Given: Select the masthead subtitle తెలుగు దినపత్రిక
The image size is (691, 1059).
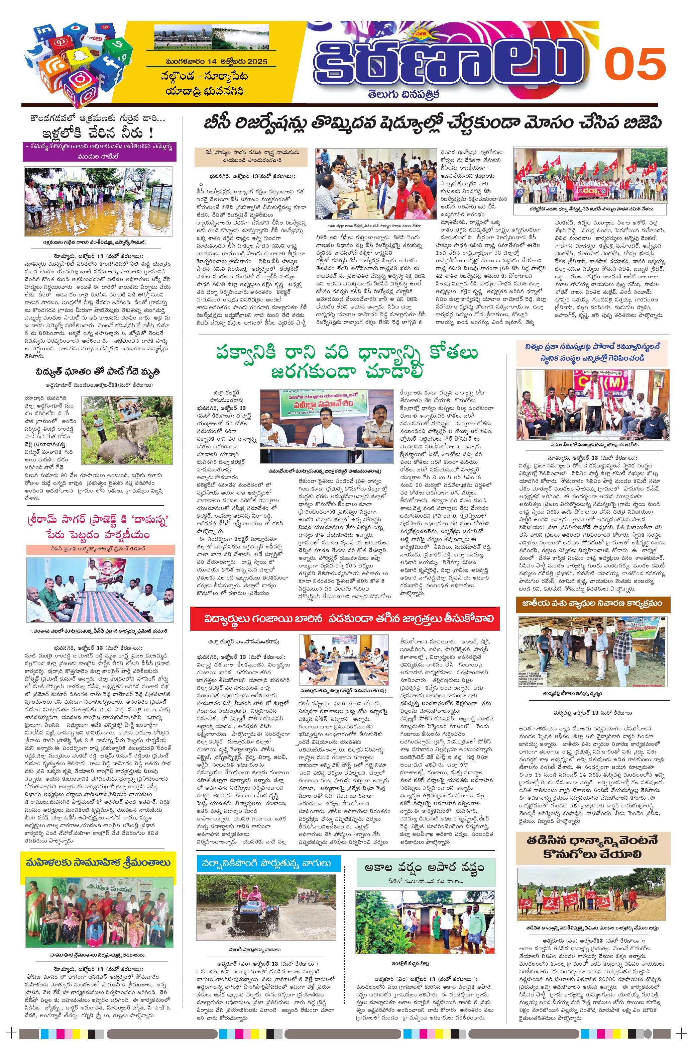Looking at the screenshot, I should (403, 94).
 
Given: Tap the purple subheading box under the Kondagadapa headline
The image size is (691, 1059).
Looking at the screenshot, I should (100, 152).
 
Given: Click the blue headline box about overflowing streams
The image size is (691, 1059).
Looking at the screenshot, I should (268, 864).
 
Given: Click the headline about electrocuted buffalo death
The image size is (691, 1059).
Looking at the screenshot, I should (98, 371).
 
